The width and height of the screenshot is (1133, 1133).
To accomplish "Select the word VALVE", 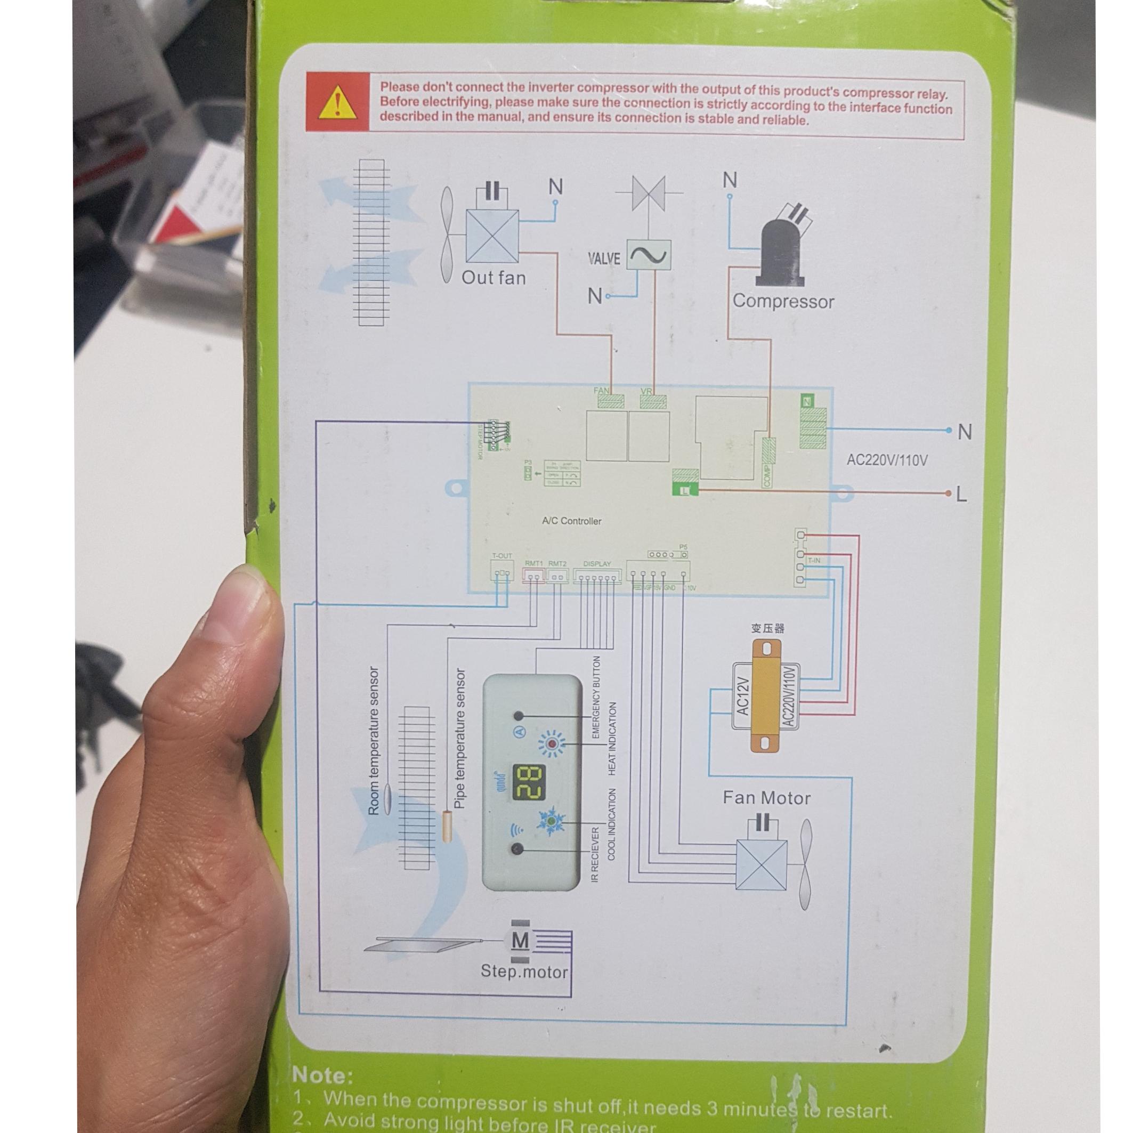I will (603, 258).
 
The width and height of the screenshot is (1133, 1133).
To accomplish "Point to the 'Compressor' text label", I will (783, 302).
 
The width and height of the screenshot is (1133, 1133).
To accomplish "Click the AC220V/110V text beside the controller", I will (887, 460).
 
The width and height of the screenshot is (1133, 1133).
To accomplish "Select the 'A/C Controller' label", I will (571, 521).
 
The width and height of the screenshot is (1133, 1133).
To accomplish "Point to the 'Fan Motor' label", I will (766, 798).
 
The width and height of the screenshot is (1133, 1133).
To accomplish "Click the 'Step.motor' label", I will (524, 972).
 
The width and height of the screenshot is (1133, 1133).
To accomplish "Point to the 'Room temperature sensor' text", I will (374, 740).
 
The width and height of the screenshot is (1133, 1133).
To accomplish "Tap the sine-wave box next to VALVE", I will (649, 255).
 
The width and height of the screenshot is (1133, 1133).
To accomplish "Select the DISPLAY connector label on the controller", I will (597, 563).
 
